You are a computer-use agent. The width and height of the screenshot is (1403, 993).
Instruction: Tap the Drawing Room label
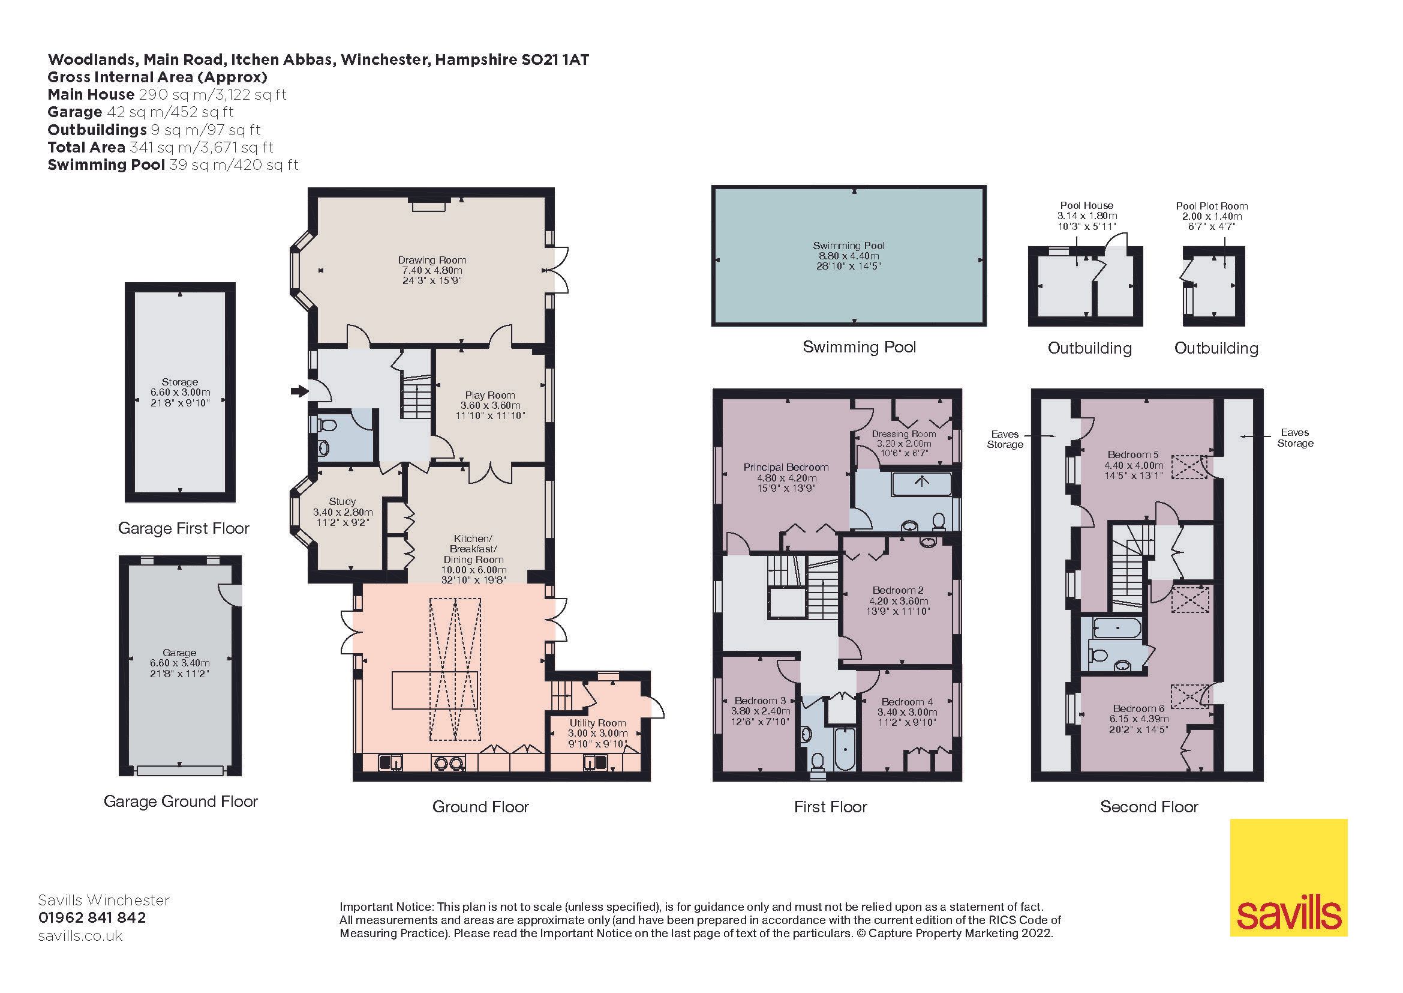432,260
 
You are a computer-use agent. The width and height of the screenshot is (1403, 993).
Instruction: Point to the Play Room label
489,395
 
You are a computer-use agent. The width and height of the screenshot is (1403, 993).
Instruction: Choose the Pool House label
1086,205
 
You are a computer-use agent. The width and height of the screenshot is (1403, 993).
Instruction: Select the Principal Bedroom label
786,467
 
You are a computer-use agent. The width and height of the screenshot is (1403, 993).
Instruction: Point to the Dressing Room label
904,433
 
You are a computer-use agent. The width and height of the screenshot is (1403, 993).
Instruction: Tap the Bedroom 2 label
898,590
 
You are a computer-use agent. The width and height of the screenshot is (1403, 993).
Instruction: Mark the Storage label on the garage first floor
180,382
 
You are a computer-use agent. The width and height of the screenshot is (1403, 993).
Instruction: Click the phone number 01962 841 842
92,918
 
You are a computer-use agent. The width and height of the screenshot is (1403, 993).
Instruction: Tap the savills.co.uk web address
80,935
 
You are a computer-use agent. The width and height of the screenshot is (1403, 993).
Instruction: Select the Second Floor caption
1149,806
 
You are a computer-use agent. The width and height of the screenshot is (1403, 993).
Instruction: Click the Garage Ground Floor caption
181,801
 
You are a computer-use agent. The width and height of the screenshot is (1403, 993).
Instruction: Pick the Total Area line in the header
160,147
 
